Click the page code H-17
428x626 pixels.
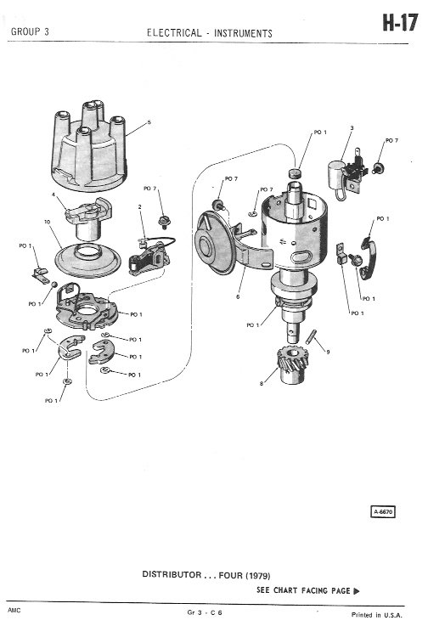(x=400, y=22)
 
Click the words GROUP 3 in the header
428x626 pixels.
(x=30, y=32)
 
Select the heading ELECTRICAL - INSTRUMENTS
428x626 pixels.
(x=210, y=33)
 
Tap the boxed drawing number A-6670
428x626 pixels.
(x=383, y=511)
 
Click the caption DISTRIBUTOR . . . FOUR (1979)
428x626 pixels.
(x=206, y=575)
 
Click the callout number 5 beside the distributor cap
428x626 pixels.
(x=149, y=122)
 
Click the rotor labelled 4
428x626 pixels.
(x=88, y=218)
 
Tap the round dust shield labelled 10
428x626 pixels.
(x=87, y=260)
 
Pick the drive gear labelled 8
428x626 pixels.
(x=293, y=364)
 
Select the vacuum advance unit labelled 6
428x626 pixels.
(x=223, y=244)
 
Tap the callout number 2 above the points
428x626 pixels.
(x=140, y=206)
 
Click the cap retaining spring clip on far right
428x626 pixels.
(x=368, y=258)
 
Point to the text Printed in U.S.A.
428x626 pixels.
(x=376, y=615)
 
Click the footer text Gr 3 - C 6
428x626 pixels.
(x=205, y=612)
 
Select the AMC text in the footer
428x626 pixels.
(x=14, y=610)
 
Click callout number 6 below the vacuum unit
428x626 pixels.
(x=238, y=296)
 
